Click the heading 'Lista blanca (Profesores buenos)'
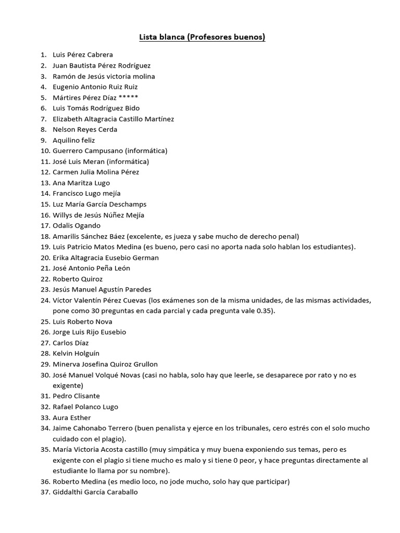point(202,37)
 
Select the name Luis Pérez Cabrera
point(83,55)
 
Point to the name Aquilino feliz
point(74,140)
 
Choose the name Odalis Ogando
point(77,225)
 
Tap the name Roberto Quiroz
point(78,279)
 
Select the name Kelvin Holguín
point(76,353)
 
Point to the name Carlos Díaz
point(71,343)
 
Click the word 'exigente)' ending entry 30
point(68,386)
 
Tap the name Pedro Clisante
point(76,396)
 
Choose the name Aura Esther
point(72,417)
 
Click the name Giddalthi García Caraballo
point(95,492)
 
